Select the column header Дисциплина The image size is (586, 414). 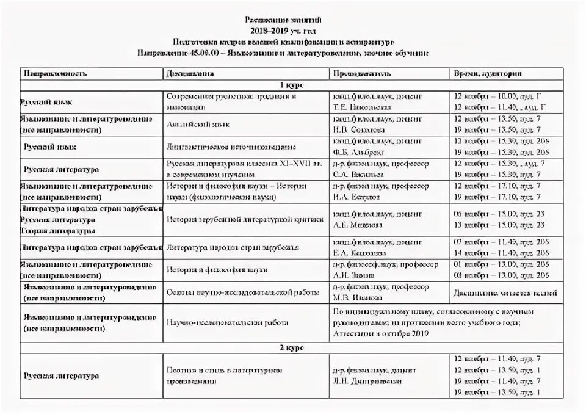[190, 73]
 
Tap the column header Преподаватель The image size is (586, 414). [361, 73]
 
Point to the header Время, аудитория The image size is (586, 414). [487, 73]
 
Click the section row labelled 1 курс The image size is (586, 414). [291, 85]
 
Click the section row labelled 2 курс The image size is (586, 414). [291, 347]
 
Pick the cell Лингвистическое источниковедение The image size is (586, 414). [231, 147]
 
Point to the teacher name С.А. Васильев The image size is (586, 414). [359, 175]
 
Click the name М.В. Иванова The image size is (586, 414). [358, 297]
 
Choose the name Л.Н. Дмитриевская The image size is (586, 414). [367, 381]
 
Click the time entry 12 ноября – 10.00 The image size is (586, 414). [486, 96]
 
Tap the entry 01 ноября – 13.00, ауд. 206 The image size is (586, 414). [501, 264]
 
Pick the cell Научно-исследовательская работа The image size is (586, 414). [227, 322]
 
